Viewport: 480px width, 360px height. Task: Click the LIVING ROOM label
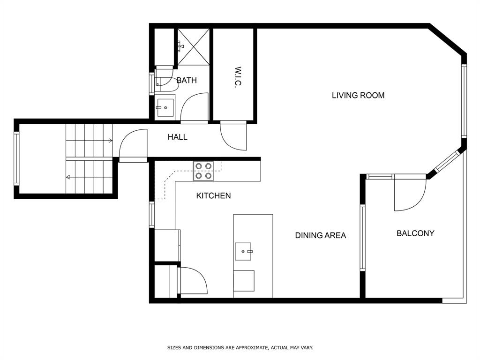(x=358, y=95)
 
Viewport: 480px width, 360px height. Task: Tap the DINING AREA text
(x=320, y=235)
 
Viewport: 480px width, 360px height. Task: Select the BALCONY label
(x=415, y=233)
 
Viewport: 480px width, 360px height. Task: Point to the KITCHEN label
(x=213, y=195)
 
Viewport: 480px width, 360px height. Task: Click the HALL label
(x=177, y=137)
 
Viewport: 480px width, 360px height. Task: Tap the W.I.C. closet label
(x=238, y=77)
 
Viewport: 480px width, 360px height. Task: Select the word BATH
(x=187, y=80)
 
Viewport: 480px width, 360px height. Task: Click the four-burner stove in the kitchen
(x=203, y=171)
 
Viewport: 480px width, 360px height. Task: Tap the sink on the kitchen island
(x=243, y=251)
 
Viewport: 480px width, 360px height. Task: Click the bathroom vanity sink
(x=165, y=108)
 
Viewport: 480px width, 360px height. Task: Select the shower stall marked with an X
(x=194, y=47)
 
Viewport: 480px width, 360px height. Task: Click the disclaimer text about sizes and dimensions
(x=240, y=347)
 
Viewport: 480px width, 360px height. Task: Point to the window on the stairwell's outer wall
(x=16, y=158)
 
